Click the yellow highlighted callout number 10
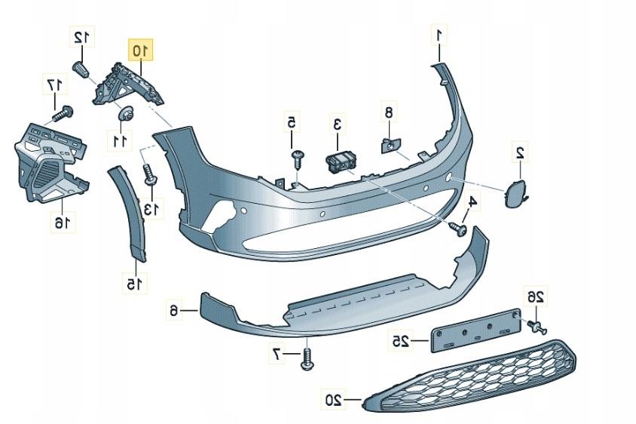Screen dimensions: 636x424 point(140,50)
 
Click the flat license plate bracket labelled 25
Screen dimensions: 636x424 point(475,330)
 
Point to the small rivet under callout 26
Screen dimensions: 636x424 point(537,327)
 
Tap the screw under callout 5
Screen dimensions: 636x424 point(298,161)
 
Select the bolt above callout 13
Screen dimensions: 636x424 point(150,173)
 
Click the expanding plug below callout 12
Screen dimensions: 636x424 point(82,70)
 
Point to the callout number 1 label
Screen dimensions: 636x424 point(439,35)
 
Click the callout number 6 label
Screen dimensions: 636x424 point(173,311)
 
